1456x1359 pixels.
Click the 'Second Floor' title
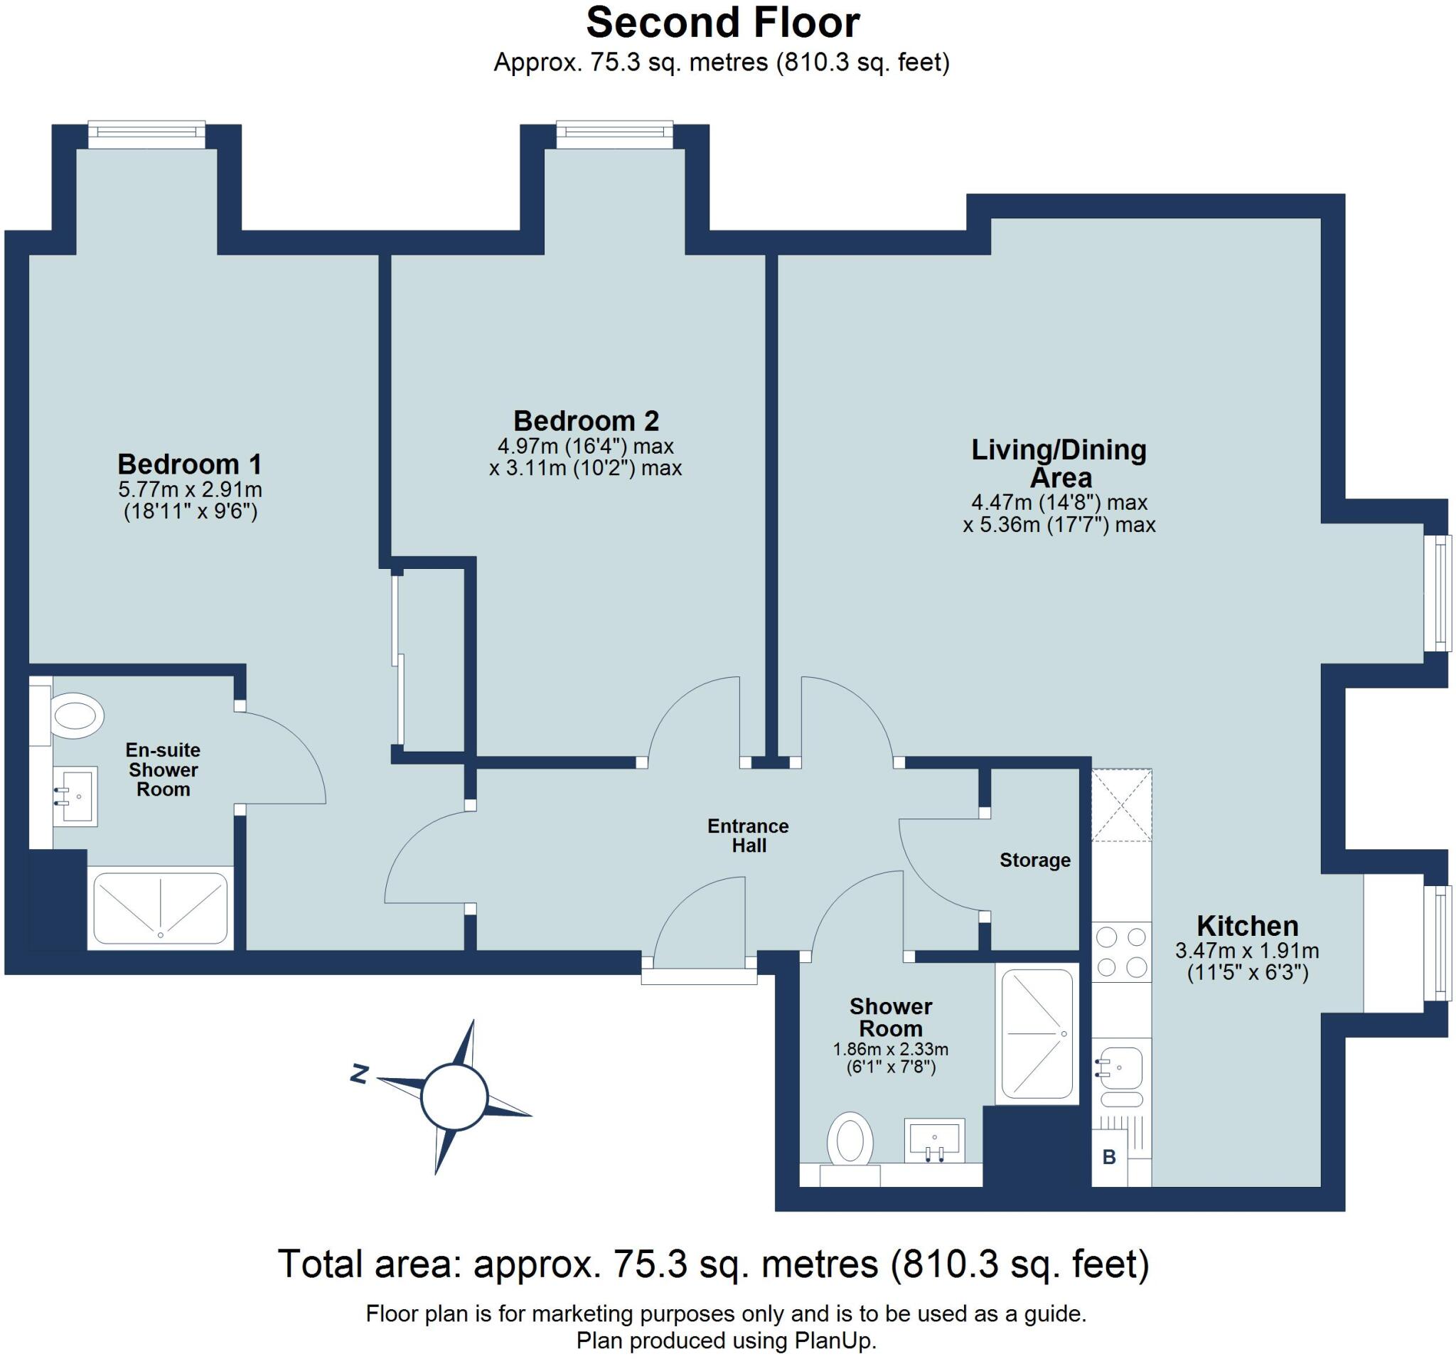[x=723, y=23]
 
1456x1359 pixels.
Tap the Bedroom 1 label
[x=190, y=464]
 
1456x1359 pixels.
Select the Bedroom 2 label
[x=586, y=420]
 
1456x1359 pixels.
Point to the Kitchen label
[x=1247, y=925]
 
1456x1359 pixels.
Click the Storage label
[x=1035, y=860]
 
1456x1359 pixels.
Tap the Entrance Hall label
[x=748, y=835]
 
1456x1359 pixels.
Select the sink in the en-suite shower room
[x=75, y=796]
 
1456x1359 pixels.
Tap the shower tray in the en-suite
[x=161, y=907]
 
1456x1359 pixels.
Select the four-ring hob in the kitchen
[x=1121, y=952]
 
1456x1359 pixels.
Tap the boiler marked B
[x=1109, y=1158]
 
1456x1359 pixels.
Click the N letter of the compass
[x=358, y=1075]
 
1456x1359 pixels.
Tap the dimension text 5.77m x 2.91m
[x=190, y=489]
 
